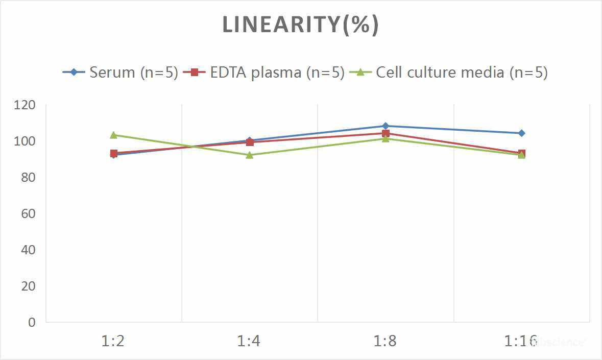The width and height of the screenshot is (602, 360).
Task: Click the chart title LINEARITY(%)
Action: [x=300, y=25]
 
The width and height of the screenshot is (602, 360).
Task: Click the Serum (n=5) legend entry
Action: [x=120, y=73]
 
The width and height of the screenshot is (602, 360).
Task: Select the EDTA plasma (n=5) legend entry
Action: [x=263, y=73]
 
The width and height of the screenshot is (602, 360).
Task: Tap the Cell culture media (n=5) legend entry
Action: [x=449, y=73]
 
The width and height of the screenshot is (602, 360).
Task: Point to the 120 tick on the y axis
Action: [x=26, y=105]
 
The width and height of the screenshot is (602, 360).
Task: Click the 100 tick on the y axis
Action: [x=26, y=141]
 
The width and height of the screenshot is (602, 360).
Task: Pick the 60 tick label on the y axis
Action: [x=29, y=213]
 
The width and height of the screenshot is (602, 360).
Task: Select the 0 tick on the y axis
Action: [x=32, y=322]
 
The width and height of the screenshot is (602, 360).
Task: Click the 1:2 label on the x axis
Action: [x=113, y=341]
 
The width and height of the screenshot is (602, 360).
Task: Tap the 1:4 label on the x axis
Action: [x=249, y=341]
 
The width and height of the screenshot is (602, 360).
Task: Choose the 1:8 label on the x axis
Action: [x=386, y=341]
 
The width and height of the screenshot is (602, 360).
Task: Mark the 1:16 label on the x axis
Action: [x=521, y=341]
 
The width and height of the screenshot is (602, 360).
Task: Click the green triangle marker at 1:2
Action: [x=113, y=135]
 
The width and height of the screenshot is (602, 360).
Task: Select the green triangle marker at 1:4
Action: [x=250, y=155]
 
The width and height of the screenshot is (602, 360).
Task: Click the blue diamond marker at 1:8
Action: [x=386, y=126]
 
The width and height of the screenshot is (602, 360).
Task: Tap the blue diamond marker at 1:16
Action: [x=521, y=133]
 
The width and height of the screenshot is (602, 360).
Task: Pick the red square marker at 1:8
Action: [x=386, y=133]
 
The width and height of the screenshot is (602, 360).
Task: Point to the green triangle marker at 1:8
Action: [x=386, y=139]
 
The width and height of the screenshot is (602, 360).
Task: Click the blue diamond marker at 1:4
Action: [x=250, y=140]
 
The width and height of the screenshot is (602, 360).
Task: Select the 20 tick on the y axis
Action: [x=29, y=286]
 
